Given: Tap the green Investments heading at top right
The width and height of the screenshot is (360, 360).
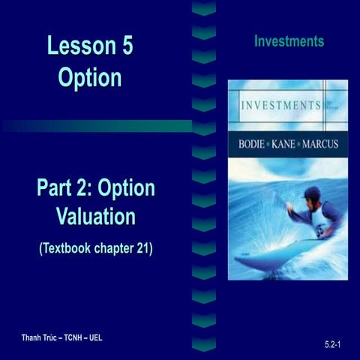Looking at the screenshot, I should click(x=289, y=41).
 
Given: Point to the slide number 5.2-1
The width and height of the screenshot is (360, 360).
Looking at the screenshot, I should click(x=334, y=343).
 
